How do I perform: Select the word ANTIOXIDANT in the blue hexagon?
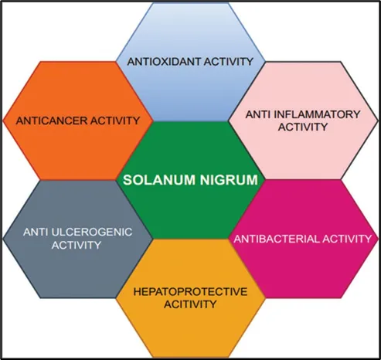coord(164,62)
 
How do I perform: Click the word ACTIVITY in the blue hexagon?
coord(229,62)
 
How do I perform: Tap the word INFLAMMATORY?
coord(317,114)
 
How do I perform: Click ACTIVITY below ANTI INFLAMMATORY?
coord(303,127)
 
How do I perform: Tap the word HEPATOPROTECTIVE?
coord(190,292)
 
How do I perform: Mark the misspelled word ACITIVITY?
coord(190,304)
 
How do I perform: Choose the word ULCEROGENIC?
coord(92,232)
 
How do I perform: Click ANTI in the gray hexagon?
coord(36,232)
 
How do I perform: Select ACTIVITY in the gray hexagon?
coord(77,245)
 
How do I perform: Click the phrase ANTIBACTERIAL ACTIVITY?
coord(302,239)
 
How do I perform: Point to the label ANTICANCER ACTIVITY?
coord(78,121)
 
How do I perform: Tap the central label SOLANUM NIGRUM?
coord(190,179)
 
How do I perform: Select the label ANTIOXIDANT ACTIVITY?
coord(190,62)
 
